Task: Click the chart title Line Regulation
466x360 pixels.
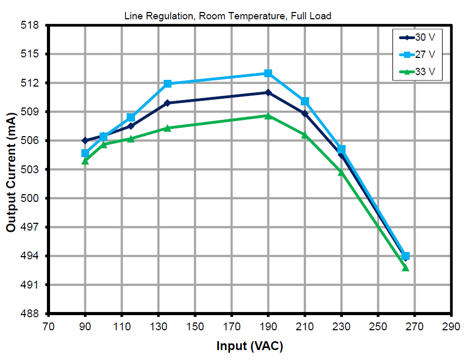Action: [x=227, y=16]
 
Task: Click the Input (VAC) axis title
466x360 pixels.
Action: [x=249, y=346]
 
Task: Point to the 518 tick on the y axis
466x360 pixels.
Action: [x=33, y=25]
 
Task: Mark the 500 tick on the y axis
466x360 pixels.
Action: [x=33, y=198]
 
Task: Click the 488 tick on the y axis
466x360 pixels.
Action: [x=33, y=314]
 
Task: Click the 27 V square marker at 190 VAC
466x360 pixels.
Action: [x=268, y=73]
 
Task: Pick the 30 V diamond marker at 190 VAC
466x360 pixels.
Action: [x=268, y=92]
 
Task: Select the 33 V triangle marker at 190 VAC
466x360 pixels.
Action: [x=268, y=116]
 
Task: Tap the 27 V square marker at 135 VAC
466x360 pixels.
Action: [x=167, y=83]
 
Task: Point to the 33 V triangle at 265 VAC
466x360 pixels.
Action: [x=406, y=268]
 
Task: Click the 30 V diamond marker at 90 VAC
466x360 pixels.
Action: [x=85, y=140]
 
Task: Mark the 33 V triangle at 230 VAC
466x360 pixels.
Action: [x=341, y=172]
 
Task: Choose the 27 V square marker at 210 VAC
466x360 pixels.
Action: [x=305, y=101]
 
